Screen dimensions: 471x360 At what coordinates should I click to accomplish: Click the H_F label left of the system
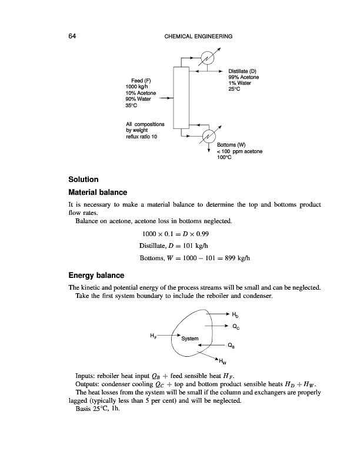click(x=154, y=336)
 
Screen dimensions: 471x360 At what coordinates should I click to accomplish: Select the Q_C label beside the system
click(x=236, y=326)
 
